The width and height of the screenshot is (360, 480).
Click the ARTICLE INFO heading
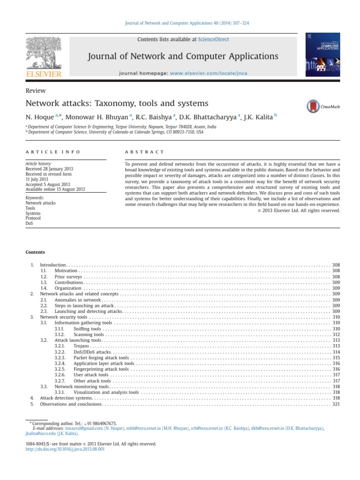click(x=53, y=152)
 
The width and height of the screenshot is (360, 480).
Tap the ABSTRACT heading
click(x=145, y=152)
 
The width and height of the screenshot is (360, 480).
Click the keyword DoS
click(x=30, y=224)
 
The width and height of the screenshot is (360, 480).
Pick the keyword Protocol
click(x=33, y=218)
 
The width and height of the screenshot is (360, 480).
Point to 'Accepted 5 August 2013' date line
click(x=47, y=184)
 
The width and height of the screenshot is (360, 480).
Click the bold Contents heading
click(x=35, y=252)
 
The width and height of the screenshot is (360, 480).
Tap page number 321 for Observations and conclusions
click(x=336, y=404)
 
